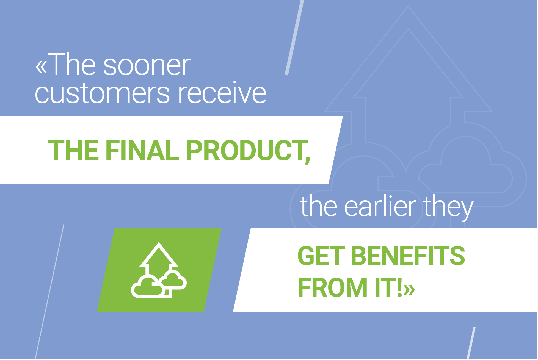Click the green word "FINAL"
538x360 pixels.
[142, 150]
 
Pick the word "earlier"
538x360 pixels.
[381, 206]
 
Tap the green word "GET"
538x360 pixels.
[321, 256]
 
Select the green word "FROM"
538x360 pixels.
[332, 287]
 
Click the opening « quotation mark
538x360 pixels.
[41, 67]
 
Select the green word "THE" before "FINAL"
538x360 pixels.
[73, 150]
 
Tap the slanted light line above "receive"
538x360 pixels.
[294, 37]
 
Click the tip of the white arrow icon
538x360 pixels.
[159, 242]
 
